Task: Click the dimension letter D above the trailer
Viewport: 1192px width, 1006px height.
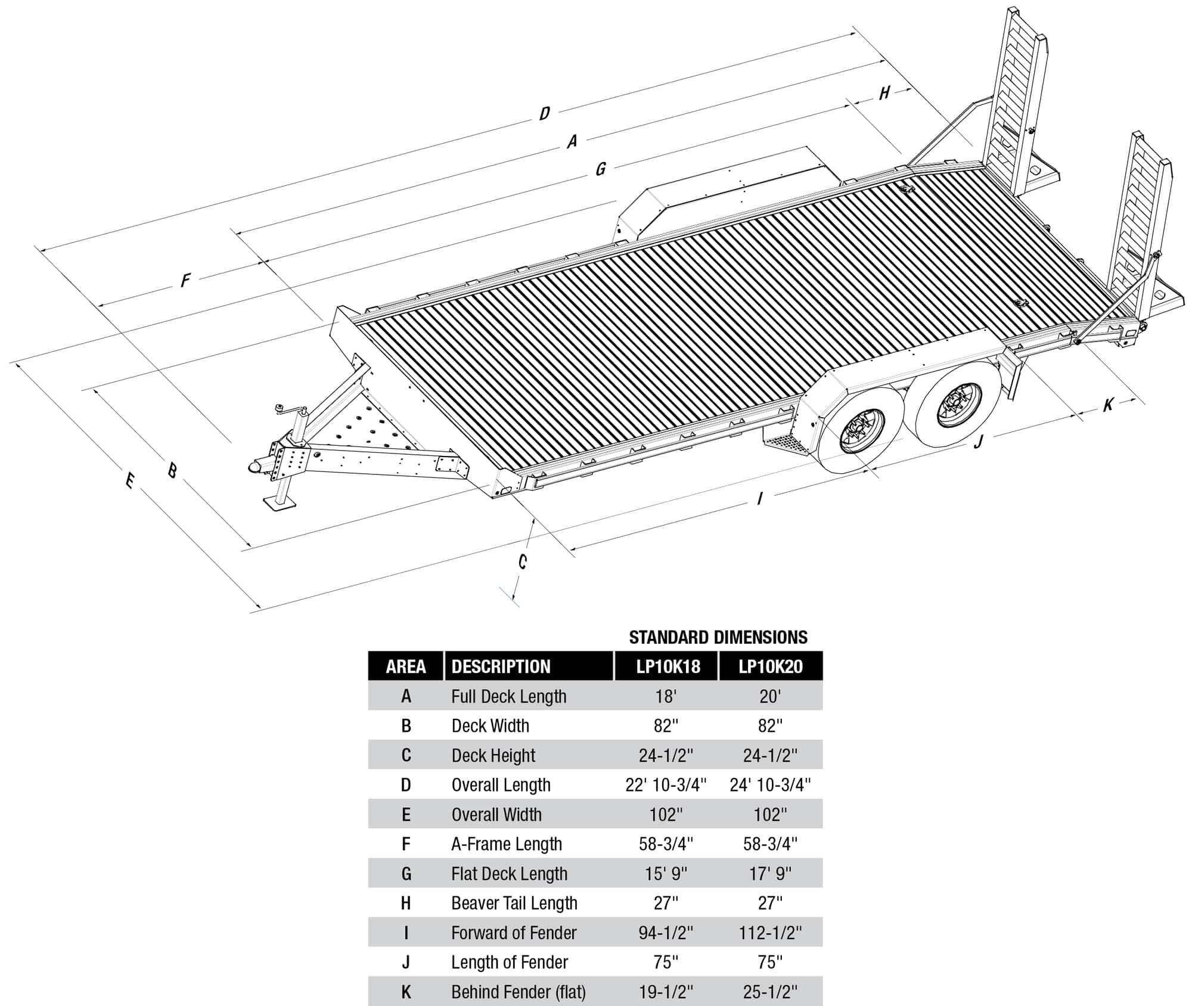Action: pyautogui.click(x=544, y=113)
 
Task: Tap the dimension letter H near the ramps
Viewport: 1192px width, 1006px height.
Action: pyautogui.click(x=884, y=92)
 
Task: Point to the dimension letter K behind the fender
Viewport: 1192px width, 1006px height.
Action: pyautogui.click(x=1108, y=405)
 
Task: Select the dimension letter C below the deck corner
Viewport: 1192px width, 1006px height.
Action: pyautogui.click(x=522, y=561)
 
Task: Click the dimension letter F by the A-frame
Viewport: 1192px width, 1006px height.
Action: pyautogui.click(x=186, y=280)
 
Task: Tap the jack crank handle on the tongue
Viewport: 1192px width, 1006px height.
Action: pyautogui.click(x=280, y=408)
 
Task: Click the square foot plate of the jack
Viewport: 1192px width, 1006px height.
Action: pyautogui.click(x=280, y=504)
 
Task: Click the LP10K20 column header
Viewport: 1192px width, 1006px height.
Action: pyautogui.click(x=770, y=666)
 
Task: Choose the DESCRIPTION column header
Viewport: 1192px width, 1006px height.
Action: pyautogui.click(x=501, y=666)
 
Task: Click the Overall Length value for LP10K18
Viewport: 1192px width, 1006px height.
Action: pyautogui.click(x=666, y=785)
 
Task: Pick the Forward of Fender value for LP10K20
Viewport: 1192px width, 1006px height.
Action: pyautogui.click(x=770, y=933)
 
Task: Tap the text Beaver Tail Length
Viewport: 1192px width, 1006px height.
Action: pyautogui.click(x=514, y=903)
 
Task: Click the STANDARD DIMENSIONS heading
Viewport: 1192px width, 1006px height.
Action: pyautogui.click(x=718, y=637)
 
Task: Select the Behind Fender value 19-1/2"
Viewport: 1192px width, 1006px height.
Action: pyautogui.click(x=666, y=992)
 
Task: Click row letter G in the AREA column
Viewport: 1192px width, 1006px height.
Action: pyautogui.click(x=406, y=874)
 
